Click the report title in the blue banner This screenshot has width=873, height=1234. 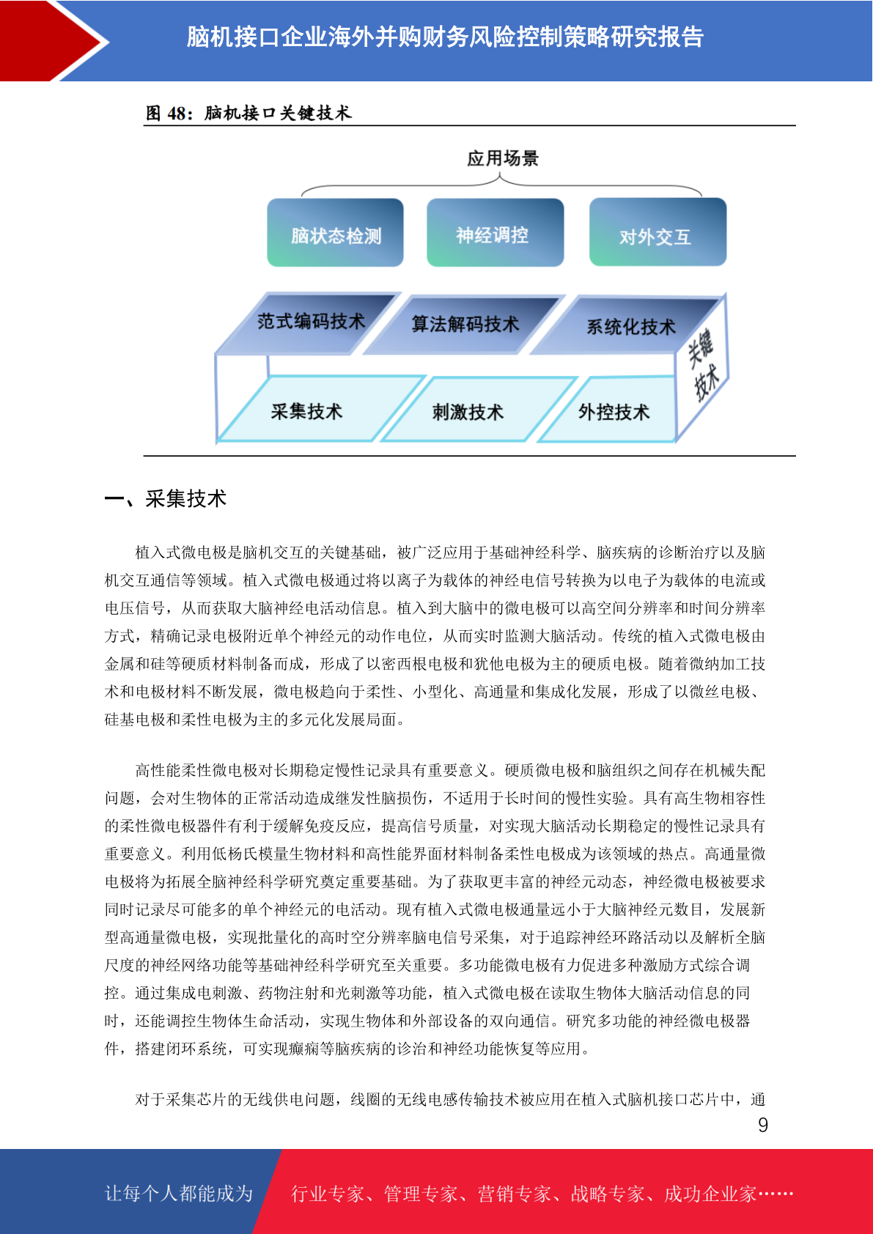445,37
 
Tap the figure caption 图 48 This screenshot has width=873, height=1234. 248,113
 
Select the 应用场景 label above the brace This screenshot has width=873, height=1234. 503,159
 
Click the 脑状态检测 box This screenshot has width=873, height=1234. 335,232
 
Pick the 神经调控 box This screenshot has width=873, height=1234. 495,232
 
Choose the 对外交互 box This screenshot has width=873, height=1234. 657,232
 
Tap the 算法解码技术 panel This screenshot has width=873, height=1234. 465,324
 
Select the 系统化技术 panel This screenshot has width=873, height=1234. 628,325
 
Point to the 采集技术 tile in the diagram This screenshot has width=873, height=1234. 321,409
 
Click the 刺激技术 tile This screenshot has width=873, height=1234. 479,410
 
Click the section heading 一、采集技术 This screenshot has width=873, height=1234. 166,498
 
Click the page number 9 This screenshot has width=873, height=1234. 763,1125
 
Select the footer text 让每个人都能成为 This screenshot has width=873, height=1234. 179,1193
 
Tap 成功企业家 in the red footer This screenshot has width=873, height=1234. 710,1194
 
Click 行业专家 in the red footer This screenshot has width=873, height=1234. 328,1194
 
